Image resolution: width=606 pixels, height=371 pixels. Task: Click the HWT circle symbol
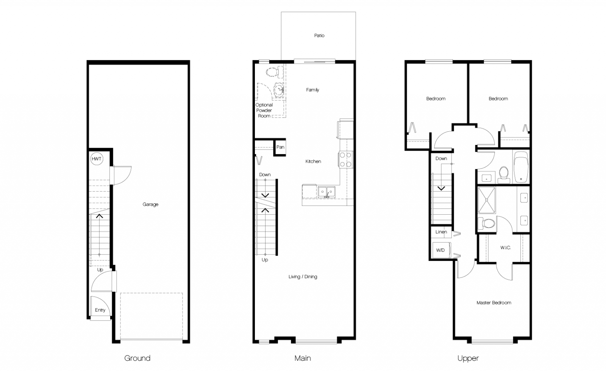[x=97, y=159]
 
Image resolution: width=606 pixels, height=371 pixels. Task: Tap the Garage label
[x=150, y=204]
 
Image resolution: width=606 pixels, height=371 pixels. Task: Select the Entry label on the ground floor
[x=100, y=310]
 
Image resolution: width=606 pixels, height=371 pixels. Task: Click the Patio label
[x=319, y=36]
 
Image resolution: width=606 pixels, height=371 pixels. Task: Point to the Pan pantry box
[x=280, y=147]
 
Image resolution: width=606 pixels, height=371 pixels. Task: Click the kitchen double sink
[x=326, y=192]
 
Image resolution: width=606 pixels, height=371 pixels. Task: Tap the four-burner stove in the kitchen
[x=345, y=159]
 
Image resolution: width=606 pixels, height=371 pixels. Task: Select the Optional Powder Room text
[x=264, y=111]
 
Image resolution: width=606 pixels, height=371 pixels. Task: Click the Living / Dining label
[x=303, y=277]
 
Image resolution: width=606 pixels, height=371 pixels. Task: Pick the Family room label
[x=312, y=90]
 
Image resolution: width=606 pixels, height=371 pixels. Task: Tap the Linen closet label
[x=441, y=232]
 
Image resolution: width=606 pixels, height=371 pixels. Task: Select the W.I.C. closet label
[x=505, y=248]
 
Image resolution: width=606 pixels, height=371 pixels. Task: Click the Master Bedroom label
[x=494, y=303]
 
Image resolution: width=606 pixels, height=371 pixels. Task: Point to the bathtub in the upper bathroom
[x=521, y=167]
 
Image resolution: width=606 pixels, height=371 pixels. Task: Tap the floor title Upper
[x=468, y=358]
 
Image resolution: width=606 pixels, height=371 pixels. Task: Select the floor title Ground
[x=137, y=358]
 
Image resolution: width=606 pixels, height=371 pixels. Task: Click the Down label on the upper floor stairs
[x=441, y=159]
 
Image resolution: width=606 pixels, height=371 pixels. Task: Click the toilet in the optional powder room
[x=273, y=71]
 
